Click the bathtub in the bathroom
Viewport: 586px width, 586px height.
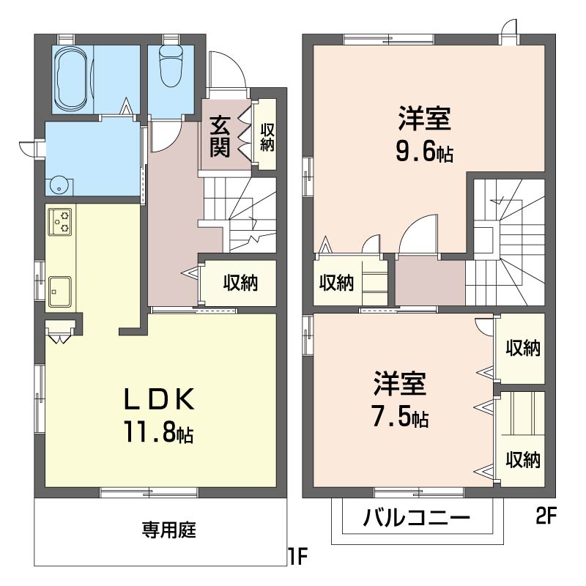click(x=73, y=78)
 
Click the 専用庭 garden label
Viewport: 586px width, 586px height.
click(x=168, y=530)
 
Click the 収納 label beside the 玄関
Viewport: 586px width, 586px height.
click(x=267, y=138)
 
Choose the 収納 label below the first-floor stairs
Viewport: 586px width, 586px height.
click(x=240, y=282)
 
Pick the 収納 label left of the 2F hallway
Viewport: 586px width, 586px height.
click(x=336, y=283)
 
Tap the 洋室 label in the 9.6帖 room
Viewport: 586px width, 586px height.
click(x=424, y=117)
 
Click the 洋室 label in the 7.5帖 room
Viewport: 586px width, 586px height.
click(x=399, y=384)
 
